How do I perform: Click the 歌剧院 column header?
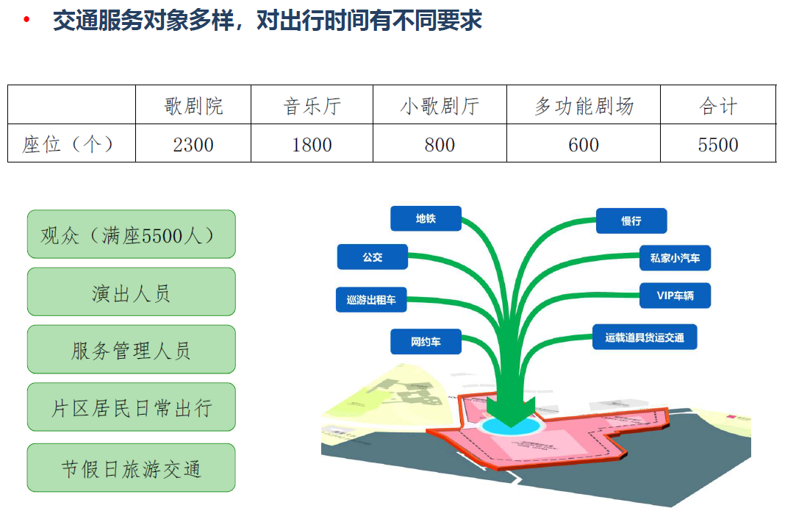tap(193, 105)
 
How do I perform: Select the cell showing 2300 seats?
tap(193, 144)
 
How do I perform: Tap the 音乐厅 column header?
tap(312, 105)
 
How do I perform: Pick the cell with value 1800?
tap(312, 144)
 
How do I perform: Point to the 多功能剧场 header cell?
tap(584, 105)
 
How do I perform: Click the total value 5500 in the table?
tap(718, 144)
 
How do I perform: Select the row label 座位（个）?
tap(71, 144)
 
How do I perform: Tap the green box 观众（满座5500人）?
tap(132, 235)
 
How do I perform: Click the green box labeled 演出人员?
tap(132, 292)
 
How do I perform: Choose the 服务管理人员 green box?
tap(132, 349)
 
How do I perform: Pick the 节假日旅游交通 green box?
tap(132, 468)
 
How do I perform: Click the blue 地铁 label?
tap(426, 218)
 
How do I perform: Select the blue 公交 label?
tap(373, 257)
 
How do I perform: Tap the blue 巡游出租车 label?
tap(371, 299)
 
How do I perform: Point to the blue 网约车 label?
tap(426, 341)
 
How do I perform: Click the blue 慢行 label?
tap(631, 221)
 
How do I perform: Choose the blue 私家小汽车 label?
tap(675, 258)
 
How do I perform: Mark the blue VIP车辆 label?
tap(675, 296)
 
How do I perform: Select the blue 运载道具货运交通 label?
tap(645, 337)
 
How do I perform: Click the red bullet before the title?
tap(28, 20)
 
